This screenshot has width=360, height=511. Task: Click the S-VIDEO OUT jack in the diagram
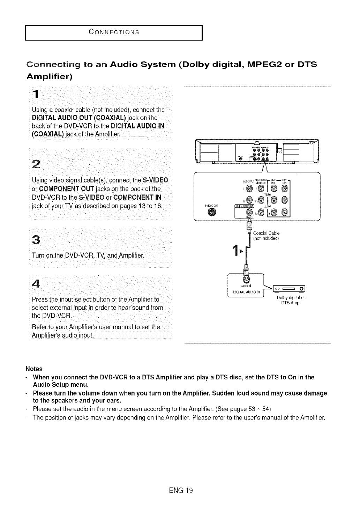[210, 213]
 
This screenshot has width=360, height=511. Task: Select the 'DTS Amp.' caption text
[291, 303]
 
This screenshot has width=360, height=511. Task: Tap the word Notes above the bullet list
[34, 369]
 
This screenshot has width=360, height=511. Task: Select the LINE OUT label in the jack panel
[285, 182]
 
